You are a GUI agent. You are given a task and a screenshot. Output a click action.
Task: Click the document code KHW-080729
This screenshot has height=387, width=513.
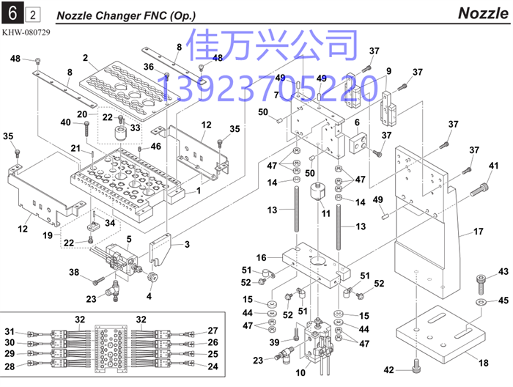[26, 32]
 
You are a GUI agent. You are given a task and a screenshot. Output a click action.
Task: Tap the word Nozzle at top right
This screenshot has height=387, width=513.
[483, 13]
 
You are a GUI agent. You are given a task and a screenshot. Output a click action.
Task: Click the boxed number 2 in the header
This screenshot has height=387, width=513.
[33, 15]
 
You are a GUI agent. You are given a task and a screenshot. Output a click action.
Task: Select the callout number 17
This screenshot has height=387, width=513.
[478, 232]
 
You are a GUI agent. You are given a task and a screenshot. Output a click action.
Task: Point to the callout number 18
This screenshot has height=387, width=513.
[483, 363]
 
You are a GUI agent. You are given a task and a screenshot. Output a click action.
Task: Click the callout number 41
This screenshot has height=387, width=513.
[493, 166]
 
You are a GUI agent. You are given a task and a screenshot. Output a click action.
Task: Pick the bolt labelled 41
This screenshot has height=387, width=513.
[479, 190]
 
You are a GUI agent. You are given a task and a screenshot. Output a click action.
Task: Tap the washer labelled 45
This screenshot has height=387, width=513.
[479, 301]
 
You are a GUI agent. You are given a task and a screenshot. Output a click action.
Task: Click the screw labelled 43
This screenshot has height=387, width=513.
[481, 284]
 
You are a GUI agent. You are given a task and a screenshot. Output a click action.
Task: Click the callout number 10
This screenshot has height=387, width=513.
[300, 372]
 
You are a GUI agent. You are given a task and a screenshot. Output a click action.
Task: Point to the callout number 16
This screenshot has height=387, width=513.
[261, 257]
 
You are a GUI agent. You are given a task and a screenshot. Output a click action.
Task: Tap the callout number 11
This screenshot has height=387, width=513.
[325, 213]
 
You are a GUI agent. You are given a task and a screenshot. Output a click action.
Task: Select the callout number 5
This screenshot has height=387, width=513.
[129, 239]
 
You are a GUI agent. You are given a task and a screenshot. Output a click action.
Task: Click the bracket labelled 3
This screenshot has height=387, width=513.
[160, 248]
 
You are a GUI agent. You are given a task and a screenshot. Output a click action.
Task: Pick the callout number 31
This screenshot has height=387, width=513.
[10, 331]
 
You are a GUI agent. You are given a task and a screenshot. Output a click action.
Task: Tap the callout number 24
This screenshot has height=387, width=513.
[213, 366]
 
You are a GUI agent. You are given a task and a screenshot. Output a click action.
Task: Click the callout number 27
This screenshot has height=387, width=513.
[213, 331]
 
